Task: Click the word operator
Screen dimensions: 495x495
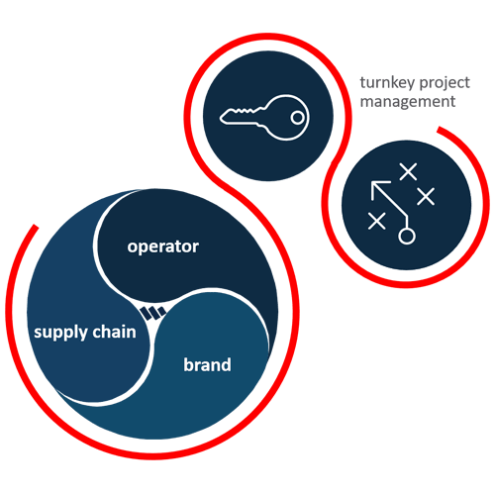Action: (163, 247)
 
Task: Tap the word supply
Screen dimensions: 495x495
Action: (56, 333)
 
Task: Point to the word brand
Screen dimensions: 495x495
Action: (207, 364)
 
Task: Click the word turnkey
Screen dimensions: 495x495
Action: (387, 83)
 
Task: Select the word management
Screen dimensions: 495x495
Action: (408, 102)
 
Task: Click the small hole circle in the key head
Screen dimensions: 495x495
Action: (297, 118)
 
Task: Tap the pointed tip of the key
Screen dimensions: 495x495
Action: (221, 118)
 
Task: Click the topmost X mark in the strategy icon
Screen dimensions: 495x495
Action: (408, 171)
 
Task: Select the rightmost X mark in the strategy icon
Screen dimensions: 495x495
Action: (426, 196)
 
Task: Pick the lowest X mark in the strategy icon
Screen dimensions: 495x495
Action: (376, 221)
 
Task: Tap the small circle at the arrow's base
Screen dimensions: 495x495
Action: (407, 236)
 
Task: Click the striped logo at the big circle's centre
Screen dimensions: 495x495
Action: (153, 313)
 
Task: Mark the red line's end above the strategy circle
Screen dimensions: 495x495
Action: (440, 130)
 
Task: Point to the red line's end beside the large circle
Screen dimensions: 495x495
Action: (36, 227)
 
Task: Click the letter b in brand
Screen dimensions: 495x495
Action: (188, 364)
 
